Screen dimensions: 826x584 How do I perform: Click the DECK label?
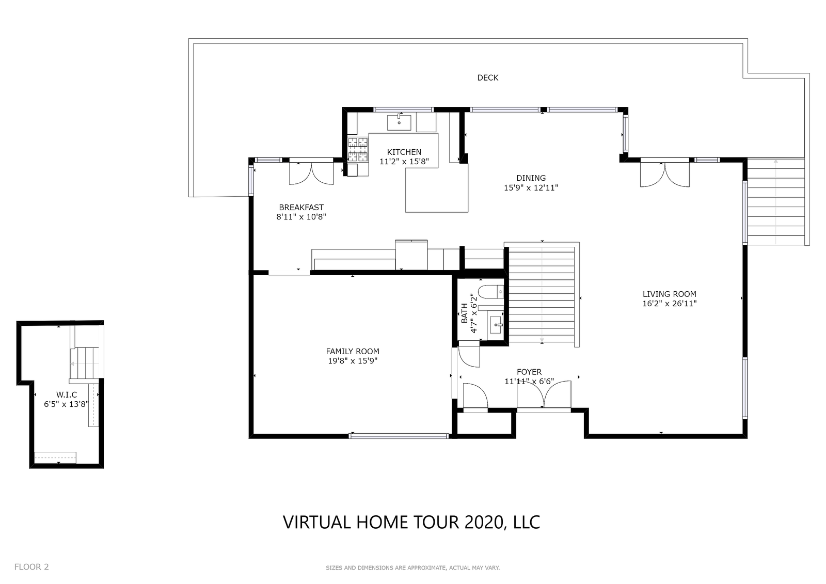point(487,77)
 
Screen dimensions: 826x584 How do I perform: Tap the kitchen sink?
point(399,122)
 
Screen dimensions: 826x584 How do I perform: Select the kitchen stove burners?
point(358,150)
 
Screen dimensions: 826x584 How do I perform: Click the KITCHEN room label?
point(404,152)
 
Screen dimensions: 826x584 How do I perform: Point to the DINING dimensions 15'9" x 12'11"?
point(531,188)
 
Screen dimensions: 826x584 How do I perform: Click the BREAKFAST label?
point(301,208)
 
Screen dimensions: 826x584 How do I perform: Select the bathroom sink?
point(495,325)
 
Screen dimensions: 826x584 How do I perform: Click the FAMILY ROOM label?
point(353,351)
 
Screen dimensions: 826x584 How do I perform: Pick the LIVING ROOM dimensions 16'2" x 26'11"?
point(670,304)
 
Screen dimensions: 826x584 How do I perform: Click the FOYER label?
point(529,372)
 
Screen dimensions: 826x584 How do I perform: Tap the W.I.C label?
point(67,394)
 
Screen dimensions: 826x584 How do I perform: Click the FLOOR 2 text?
point(31,566)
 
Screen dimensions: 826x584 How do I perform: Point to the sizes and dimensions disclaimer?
point(412,568)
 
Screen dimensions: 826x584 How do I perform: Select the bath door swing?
point(469,354)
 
